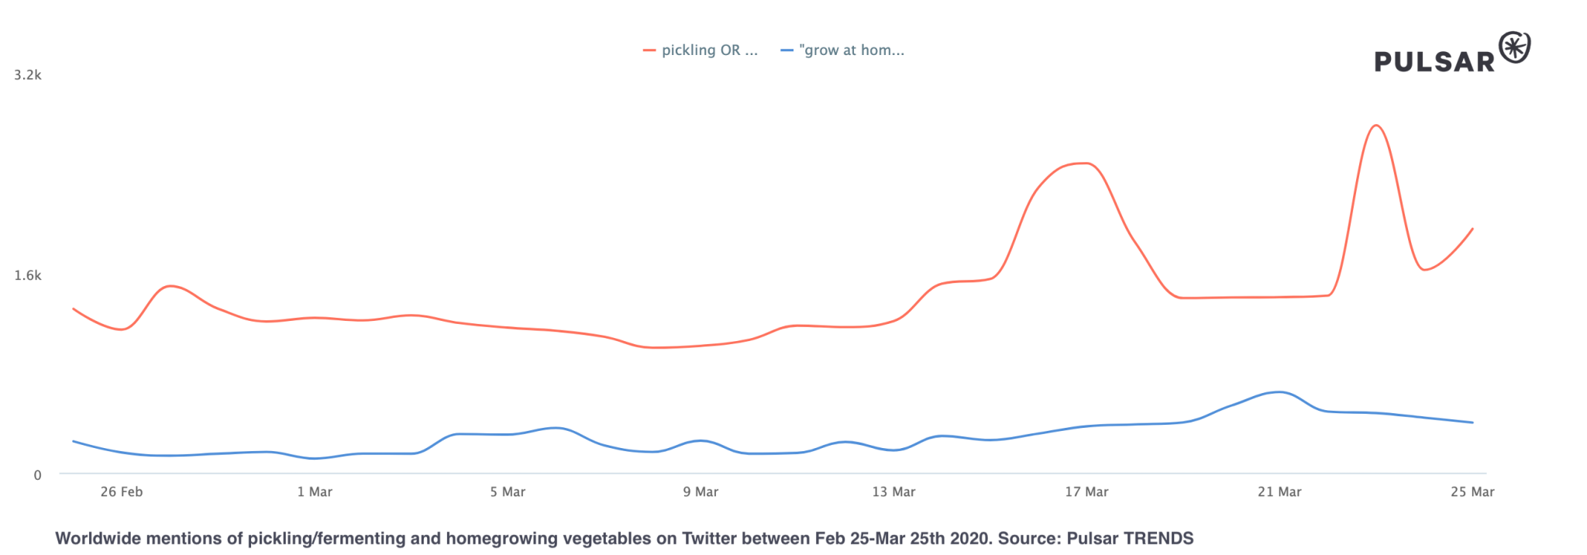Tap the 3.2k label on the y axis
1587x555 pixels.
tap(28, 75)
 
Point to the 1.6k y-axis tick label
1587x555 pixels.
tap(28, 275)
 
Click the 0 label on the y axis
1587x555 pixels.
tap(37, 475)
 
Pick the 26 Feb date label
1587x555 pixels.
tap(122, 492)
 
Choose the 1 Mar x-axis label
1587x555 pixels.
tap(315, 492)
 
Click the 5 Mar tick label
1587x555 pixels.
tap(508, 492)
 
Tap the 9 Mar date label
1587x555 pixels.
tap(701, 492)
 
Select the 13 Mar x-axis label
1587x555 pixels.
tap(893, 492)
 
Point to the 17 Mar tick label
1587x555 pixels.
tap(1086, 492)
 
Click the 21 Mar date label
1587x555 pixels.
tap(1279, 492)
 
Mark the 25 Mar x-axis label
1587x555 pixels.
tap(1472, 492)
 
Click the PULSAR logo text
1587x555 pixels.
tap(1434, 62)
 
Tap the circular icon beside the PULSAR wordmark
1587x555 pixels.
tap(1515, 48)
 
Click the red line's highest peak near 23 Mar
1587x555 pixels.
tap(1375, 126)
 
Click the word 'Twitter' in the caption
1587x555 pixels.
tap(707, 539)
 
